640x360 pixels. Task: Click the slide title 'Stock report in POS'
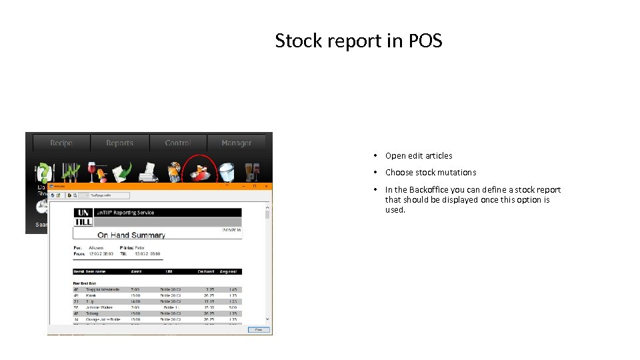tap(359, 41)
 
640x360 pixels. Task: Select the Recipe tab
tap(61, 143)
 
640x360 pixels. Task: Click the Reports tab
tap(119, 143)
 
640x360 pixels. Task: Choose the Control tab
tap(177, 143)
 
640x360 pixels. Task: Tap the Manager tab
tap(236, 143)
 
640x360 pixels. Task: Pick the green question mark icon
tap(43, 172)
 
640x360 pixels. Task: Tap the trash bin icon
tap(227, 171)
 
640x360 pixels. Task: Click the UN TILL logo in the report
tap(83, 217)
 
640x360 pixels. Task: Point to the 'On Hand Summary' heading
tap(131, 235)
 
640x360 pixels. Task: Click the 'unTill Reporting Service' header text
tap(125, 213)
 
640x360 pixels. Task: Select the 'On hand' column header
tap(205, 271)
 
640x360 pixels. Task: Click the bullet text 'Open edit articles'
tap(419, 156)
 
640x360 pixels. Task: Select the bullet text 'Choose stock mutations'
tap(431, 173)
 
